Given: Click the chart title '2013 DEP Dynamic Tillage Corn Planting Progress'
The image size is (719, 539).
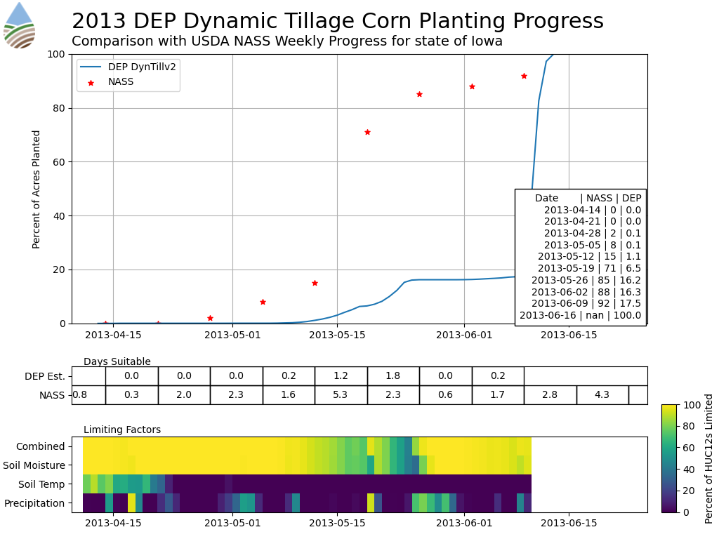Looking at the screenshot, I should (x=337, y=21).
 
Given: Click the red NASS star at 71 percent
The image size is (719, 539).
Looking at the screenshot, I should (x=367, y=132).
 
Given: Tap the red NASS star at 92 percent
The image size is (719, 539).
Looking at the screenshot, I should (x=524, y=76).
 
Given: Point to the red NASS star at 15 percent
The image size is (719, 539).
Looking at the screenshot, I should (x=315, y=283).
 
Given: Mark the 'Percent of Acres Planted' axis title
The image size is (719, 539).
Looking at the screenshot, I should (x=37, y=189).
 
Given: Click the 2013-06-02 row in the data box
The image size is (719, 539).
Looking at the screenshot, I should (x=586, y=292).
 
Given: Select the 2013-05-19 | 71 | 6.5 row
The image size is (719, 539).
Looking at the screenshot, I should (x=589, y=268).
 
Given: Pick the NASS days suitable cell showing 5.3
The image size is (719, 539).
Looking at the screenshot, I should (x=341, y=395).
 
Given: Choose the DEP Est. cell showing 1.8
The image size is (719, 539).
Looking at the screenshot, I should (x=393, y=376).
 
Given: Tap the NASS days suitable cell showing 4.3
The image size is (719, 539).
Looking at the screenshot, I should (x=602, y=395).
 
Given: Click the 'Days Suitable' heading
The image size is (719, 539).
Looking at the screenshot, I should (x=117, y=362).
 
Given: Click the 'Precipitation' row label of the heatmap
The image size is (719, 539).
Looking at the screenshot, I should (x=34, y=503).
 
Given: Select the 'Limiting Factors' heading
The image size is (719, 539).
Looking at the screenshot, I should (x=121, y=430).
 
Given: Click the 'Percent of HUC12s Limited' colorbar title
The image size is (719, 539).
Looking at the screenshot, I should (x=709, y=458).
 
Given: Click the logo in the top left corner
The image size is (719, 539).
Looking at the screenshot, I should (x=19, y=25).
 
